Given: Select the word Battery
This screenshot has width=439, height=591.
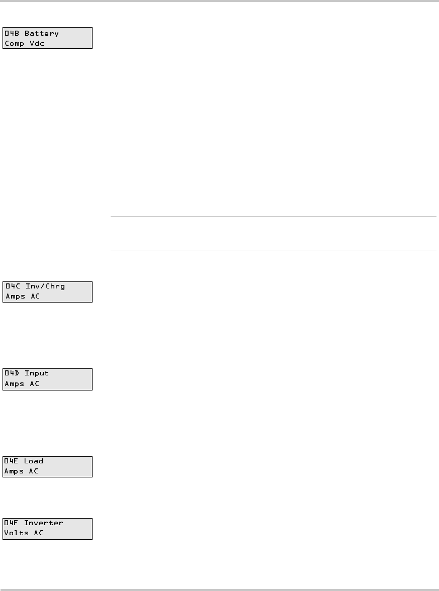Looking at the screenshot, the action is [42, 34].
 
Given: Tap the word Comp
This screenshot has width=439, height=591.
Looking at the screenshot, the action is [15, 44].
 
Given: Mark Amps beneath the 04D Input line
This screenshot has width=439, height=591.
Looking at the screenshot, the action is [15, 384].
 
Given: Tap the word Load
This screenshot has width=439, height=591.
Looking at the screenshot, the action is [34, 461].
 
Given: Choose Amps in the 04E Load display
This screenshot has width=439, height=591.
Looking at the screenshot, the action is [15, 472].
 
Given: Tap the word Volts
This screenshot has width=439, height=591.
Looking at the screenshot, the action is [17, 533].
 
